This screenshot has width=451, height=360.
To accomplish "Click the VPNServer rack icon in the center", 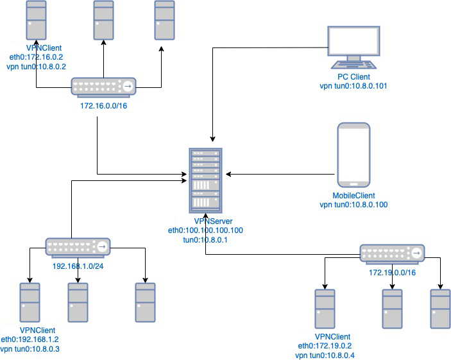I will (205, 180).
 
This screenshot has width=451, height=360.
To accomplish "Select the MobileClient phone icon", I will (353, 155).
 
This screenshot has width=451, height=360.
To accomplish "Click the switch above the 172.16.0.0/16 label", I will (103, 87).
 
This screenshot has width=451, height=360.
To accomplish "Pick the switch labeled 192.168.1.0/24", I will (78, 246).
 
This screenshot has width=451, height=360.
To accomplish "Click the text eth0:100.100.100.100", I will (205, 230).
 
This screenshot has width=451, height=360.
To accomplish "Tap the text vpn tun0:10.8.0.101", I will (353, 85).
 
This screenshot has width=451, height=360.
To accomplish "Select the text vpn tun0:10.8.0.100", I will (353, 205).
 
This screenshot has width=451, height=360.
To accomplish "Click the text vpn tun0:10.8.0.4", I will (333, 355).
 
